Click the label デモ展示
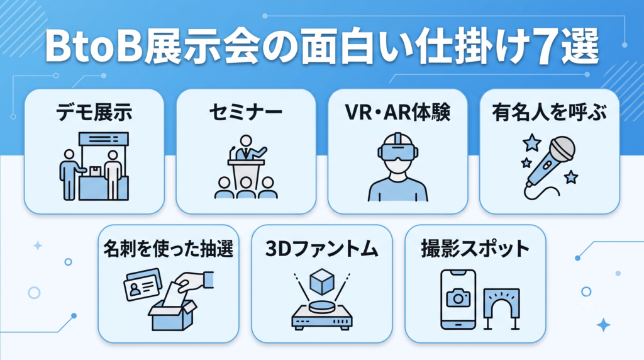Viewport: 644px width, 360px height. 94,112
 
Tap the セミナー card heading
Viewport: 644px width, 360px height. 246,112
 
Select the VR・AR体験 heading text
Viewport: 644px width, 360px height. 397,112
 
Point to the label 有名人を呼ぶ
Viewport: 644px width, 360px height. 550,112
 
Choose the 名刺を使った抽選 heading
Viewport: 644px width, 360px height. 169,249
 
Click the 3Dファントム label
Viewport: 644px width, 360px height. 321,249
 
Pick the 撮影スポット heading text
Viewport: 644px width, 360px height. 475,249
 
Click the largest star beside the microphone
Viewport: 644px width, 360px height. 532,143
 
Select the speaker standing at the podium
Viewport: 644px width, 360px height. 247,148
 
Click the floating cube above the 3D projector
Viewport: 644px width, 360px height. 322,281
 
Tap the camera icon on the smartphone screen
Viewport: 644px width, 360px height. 458,298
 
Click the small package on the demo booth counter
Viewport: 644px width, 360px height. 96,171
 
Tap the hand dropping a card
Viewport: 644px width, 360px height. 196,281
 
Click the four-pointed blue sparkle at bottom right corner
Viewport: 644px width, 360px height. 603,325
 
